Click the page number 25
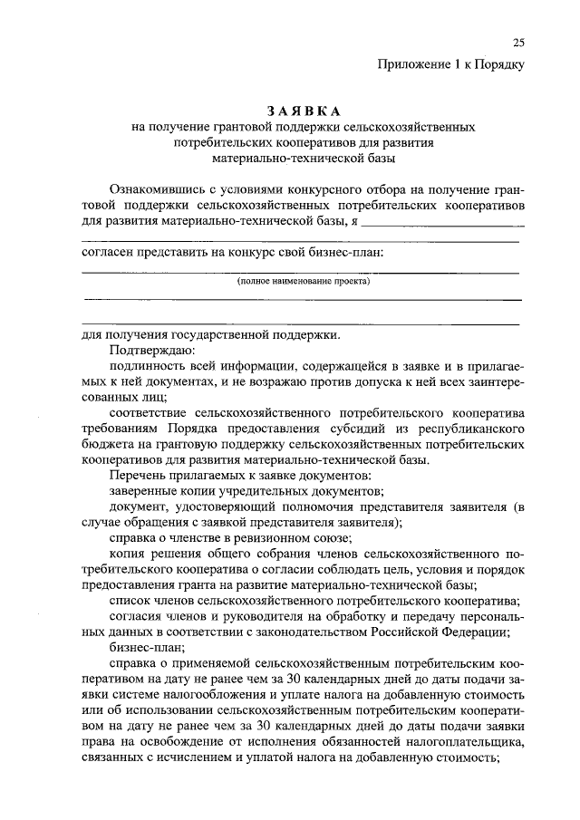tap(517, 43)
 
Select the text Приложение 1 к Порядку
tap(450, 64)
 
